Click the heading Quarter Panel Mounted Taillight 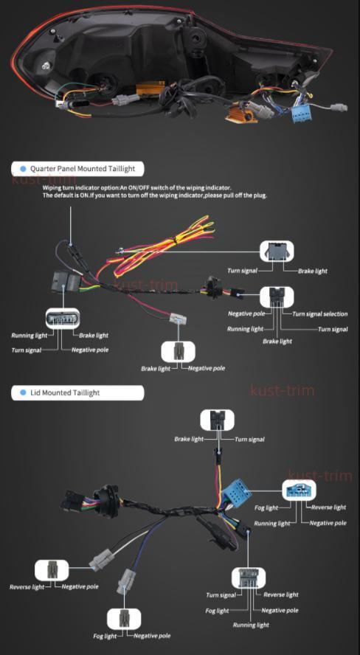click(83, 169)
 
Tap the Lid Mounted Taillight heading click(65, 392)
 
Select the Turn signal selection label click(320, 313)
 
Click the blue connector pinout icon click(299, 490)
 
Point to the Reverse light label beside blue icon click(329, 507)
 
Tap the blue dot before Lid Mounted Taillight click(23, 392)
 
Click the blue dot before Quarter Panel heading click(23, 169)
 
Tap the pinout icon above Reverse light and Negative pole click(52, 570)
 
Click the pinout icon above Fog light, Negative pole click(124, 619)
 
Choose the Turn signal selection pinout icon click(277, 297)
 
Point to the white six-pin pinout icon click(62, 319)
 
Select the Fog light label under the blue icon click(266, 508)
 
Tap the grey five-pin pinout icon click(249, 578)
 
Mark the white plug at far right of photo click(339, 107)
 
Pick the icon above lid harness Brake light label click(217, 420)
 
